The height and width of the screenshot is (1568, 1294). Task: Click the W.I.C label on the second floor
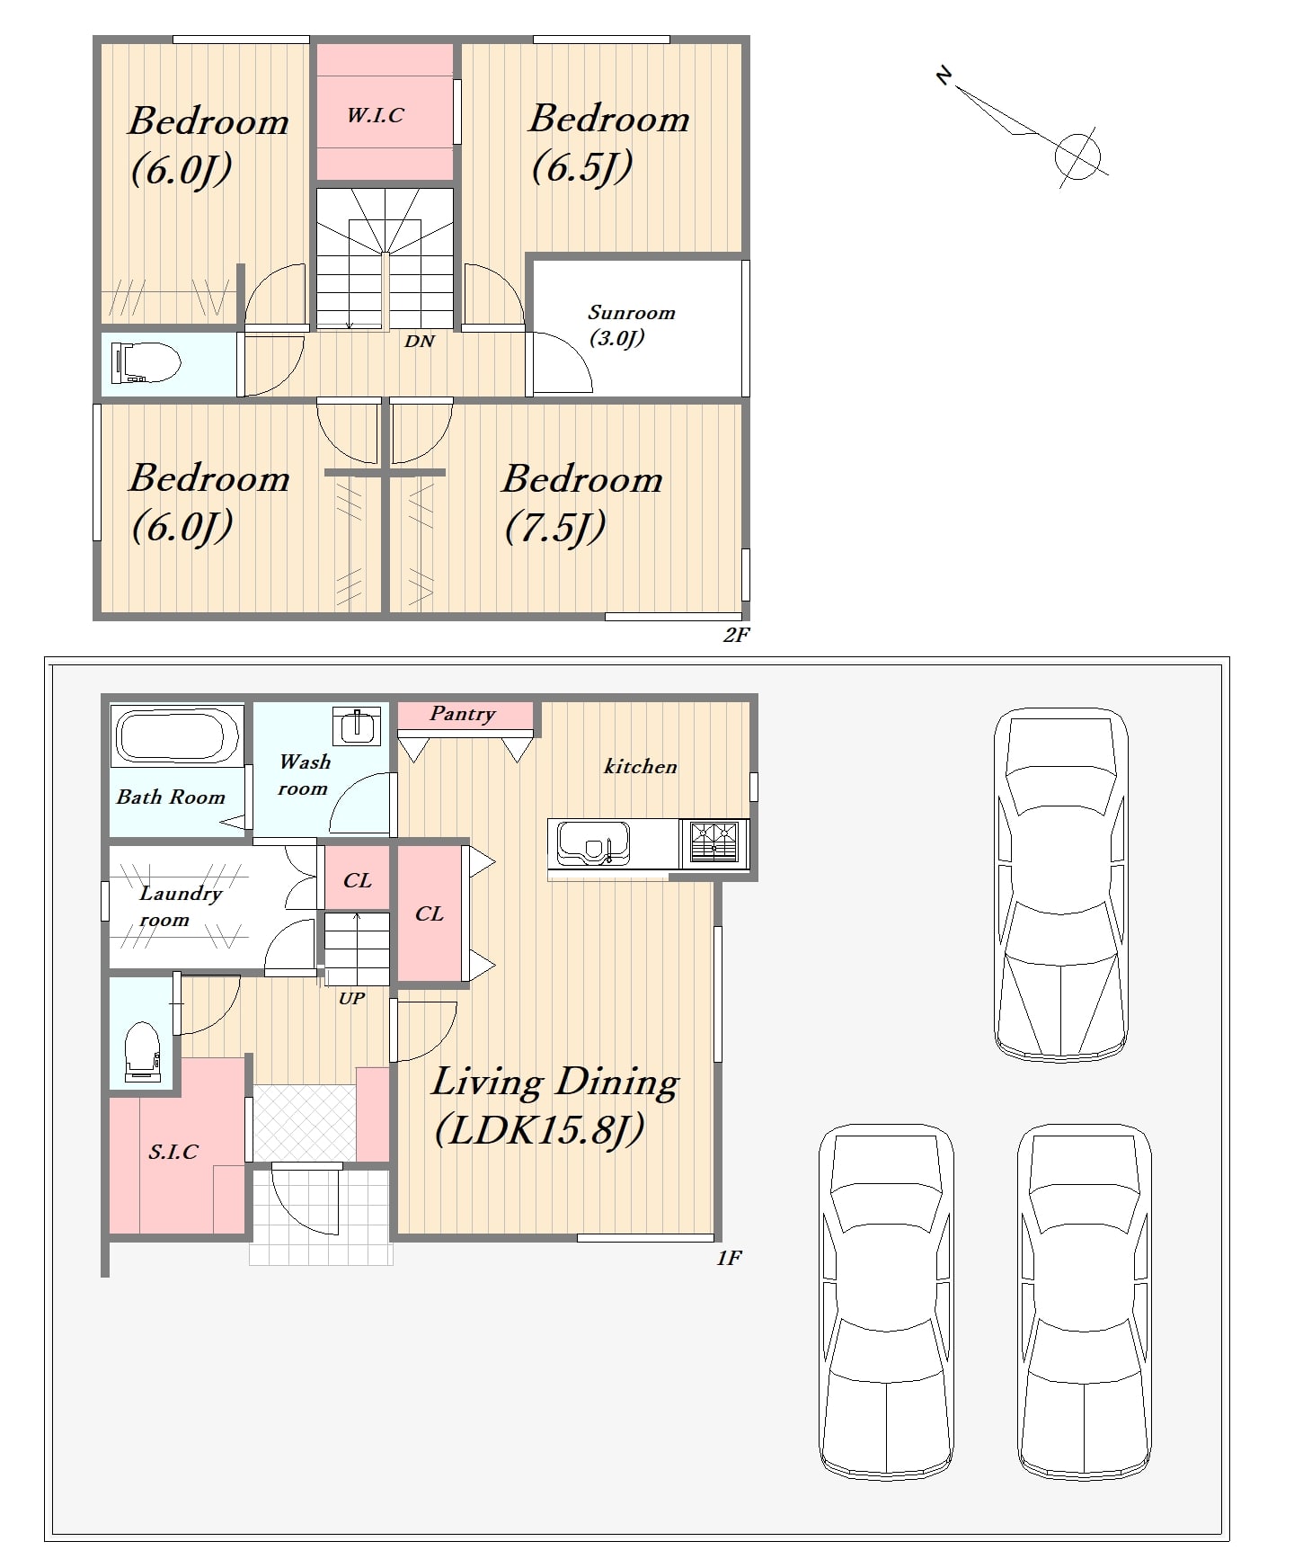click(376, 115)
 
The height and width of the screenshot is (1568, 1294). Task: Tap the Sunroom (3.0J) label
click(631, 325)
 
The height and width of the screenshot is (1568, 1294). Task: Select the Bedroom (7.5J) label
click(581, 503)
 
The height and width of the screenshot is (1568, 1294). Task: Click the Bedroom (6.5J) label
click(608, 142)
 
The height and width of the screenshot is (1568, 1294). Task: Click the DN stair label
click(420, 342)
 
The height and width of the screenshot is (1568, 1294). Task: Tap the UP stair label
click(351, 998)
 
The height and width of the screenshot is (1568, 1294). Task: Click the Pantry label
click(463, 714)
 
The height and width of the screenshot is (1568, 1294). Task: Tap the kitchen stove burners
click(714, 842)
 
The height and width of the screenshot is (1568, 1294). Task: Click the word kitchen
click(640, 767)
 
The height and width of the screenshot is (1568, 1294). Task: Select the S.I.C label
click(173, 1152)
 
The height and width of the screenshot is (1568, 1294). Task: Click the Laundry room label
click(181, 906)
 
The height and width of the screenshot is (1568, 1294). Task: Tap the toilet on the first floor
click(143, 1050)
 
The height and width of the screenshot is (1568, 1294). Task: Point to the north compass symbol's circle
click(1077, 154)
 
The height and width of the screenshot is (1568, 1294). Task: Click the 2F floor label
click(736, 635)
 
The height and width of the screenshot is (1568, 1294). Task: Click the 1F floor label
click(729, 1258)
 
